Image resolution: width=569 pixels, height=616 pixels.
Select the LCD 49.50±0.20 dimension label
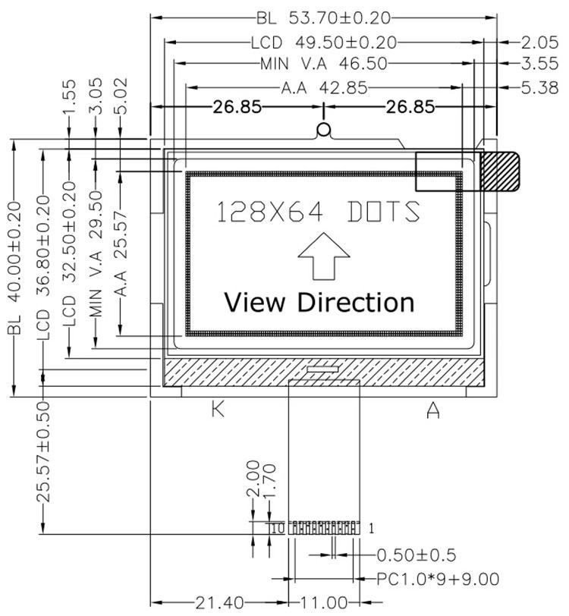pyautogui.click(x=323, y=42)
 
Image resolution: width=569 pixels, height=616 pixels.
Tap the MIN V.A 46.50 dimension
pyautogui.click(x=323, y=64)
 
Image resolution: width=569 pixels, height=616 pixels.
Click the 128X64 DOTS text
pyautogui.click(x=319, y=212)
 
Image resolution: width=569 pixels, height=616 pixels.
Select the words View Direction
pyautogui.click(x=319, y=302)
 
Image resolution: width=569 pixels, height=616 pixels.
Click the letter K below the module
pyautogui.click(x=218, y=410)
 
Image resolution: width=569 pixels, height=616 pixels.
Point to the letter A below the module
pyautogui.click(x=433, y=410)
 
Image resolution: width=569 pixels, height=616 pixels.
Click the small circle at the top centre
pyautogui.click(x=324, y=130)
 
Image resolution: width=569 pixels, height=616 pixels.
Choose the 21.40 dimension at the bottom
pyautogui.click(x=220, y=603)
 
